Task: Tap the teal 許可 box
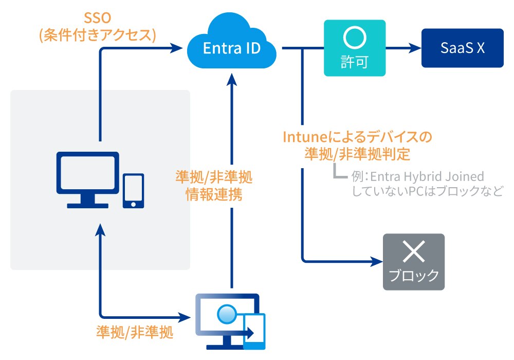(x=354, y=48)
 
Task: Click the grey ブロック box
(x=413, y=262)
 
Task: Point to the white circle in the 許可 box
(x=354, y=39)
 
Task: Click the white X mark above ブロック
(x=413, y=251)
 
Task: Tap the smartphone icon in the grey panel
(x=133, y=191)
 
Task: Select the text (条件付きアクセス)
(x=97, y=35)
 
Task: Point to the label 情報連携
(x=213, y=195)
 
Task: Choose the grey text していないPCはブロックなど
(x=426, y=191)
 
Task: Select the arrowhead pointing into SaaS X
(x=415, y=48)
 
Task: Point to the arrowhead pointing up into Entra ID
(x=232, y=77)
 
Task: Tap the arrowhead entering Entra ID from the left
(x=177, y=48)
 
